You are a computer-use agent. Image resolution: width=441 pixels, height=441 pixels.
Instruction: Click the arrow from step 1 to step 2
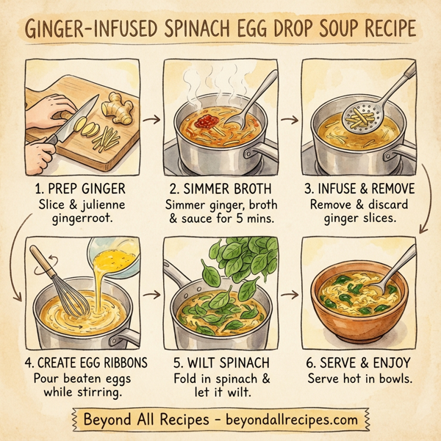[x=152, y=117]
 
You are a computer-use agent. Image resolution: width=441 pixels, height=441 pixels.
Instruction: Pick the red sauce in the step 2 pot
[x=208, y=118]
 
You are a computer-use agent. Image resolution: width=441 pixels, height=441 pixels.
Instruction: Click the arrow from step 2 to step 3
[x=290, y=118]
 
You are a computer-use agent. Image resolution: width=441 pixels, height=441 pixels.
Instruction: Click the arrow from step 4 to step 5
[x=152, y=294]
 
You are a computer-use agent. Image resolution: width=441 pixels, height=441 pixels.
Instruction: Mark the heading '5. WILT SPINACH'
[x=220, y=363]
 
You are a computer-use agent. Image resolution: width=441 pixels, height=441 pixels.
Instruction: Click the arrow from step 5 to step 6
[x=290, y=295]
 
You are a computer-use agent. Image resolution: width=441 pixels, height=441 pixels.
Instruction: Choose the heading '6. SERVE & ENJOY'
[x=357, y=363]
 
